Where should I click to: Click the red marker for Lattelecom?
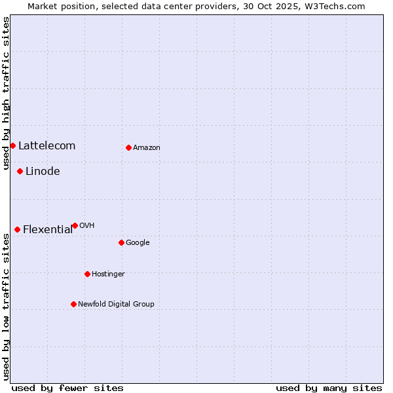pos(12,145)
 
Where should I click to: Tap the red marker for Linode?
pos(20,171)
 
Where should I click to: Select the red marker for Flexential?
pos(17,229)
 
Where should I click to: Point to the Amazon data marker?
pos(128,147)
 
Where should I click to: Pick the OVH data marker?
pos(75,225)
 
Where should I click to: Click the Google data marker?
pos(121,242)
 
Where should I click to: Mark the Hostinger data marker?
pos(87,274)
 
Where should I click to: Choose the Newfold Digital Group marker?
pos(73,304)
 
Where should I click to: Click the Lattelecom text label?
pos(47,146)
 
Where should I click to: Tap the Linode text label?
pos(43,172)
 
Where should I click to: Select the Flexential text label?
pos(48,230)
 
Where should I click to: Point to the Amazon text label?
pos(147,148)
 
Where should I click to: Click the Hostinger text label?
pos(108,274)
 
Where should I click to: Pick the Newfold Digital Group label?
pos(116,305)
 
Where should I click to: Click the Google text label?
pos(138,243)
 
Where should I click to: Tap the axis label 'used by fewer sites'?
pos(67,388)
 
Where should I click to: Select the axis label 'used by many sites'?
pos(329,388)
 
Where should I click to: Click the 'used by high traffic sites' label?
pos(6,93)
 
